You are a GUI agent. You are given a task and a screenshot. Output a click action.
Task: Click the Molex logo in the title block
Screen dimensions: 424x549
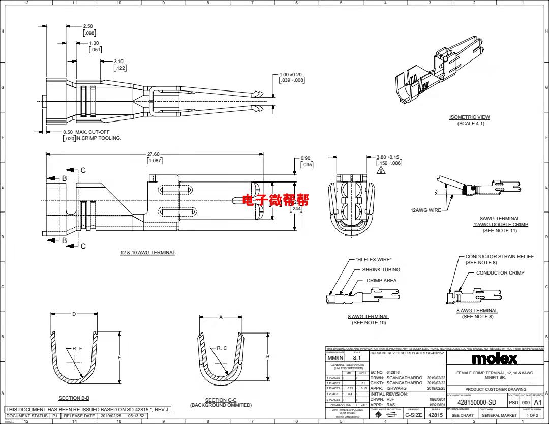495,358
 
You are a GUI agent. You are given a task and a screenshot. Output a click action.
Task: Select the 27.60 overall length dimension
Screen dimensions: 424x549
153,154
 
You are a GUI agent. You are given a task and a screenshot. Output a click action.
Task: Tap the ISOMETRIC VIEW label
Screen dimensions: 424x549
469,117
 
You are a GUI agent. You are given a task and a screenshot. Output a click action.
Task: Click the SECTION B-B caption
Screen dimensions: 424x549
74,398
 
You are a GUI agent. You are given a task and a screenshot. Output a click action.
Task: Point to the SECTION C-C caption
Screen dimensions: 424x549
221,400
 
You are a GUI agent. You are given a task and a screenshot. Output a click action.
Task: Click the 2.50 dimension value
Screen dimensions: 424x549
88,26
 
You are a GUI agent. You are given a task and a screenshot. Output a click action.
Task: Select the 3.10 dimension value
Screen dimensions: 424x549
118,62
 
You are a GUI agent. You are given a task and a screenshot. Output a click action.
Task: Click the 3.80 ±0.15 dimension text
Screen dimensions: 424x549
388,157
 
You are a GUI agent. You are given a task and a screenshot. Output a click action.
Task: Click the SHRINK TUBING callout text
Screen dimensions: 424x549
381,270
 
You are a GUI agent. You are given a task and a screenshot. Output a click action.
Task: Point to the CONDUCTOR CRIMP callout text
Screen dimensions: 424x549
500,273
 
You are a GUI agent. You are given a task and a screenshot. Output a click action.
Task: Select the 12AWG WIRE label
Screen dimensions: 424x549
426,210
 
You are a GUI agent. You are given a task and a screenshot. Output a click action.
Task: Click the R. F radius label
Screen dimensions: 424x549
77,348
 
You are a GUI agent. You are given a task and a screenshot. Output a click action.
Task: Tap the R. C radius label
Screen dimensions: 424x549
222,348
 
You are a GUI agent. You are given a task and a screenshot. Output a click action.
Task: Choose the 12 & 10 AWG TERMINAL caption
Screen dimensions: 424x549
147,253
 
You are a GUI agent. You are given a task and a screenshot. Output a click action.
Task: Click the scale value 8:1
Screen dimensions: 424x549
357,358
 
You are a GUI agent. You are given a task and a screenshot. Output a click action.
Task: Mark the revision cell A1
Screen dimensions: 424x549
538,402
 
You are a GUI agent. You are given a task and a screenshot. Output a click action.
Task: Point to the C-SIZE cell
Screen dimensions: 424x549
413,415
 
